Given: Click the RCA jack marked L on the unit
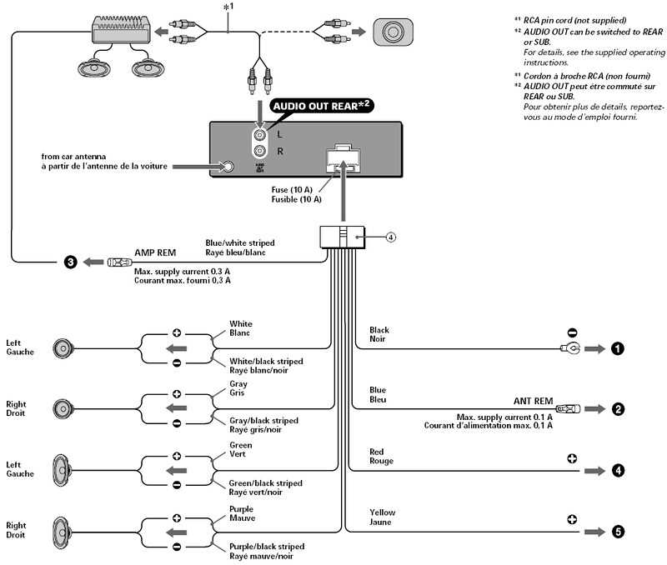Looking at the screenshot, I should pos(261,133).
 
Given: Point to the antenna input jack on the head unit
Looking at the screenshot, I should pos(228,167).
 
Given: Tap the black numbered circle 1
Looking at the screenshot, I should pos(617,348).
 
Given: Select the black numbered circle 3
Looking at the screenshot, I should pos(71,262).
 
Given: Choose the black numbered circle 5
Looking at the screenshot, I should pos(617,531).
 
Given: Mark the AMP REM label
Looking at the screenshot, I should pos(155,251).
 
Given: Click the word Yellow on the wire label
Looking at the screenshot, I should pos(383,512).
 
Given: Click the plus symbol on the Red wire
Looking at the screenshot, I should pos(572,458).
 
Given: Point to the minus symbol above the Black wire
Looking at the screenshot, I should pos(572,330).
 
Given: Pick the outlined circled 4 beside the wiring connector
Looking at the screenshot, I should pos(390,237).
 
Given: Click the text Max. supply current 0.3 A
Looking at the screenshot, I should pos(183,272).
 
